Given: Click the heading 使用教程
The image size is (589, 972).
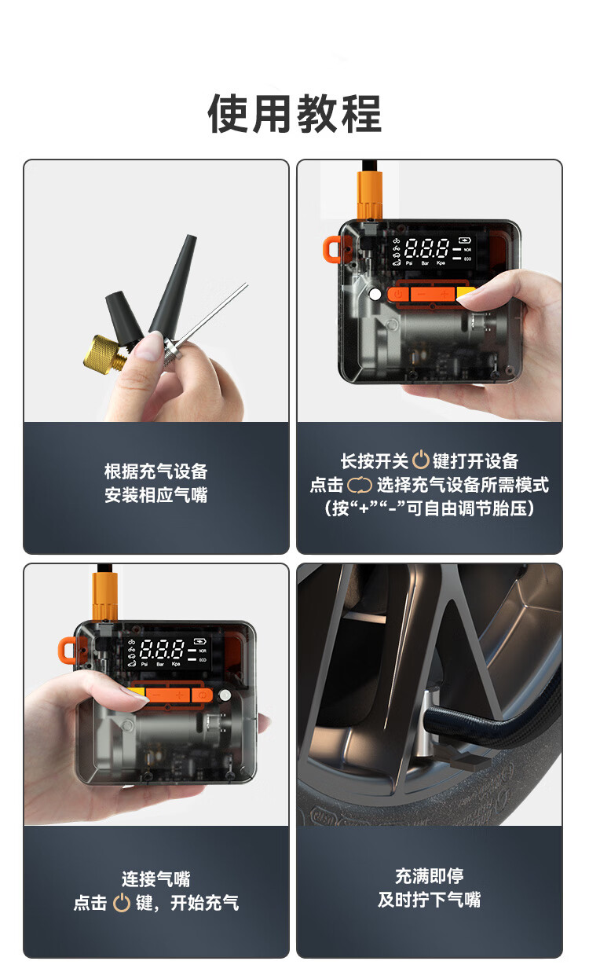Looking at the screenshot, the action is point(294,114).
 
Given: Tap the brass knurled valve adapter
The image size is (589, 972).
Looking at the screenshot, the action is point(103,355).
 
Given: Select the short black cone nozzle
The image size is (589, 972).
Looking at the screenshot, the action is point(123,317).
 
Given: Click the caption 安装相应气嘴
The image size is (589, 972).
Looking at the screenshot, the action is point(156,495).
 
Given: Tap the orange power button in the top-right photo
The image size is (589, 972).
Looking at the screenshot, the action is point(398,294).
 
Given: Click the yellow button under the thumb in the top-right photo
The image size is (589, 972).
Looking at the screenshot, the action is point(465,292).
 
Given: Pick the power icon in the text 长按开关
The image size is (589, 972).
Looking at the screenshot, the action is point(420,460).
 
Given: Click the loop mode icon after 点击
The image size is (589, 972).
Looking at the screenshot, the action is point(360,485).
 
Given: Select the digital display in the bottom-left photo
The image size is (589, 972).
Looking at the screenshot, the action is point(168,652).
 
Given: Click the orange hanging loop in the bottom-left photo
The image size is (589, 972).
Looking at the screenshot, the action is point(68,651).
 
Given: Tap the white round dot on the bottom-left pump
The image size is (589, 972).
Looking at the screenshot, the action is point(225,695).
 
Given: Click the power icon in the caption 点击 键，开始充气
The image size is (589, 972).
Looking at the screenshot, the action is point(122,903).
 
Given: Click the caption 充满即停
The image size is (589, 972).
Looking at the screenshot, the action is point(430,875).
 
